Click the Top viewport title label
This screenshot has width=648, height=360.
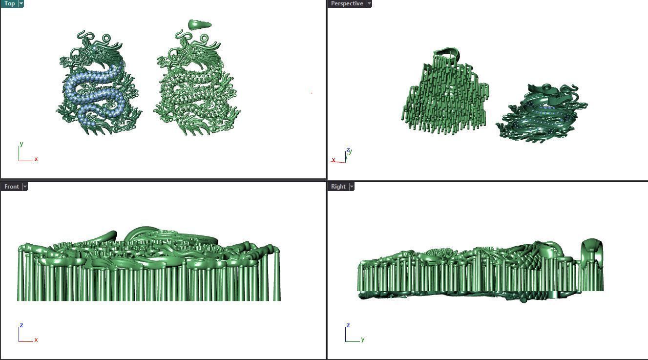tap(9, 3)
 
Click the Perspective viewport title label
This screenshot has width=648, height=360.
tap(347, 3)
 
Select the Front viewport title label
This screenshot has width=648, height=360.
tap(11, 187)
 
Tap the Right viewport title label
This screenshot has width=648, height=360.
tap(338, 187)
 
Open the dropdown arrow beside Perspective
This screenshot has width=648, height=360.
tap(369, 3)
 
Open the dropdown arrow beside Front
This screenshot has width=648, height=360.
tap(25, 187)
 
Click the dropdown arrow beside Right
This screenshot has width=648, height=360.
tap(352, 187)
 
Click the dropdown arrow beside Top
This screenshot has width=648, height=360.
tap(21, 3)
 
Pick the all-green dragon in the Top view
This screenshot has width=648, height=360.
tap(198, 83)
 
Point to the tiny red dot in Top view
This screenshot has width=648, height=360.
tap(312, 92)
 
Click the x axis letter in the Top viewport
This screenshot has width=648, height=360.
tap(36, 159)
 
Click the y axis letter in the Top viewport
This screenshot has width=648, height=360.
tap(21, 144)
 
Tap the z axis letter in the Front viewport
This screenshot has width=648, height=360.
tap(21, 325)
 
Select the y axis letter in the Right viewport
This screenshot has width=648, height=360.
tap(363, 339)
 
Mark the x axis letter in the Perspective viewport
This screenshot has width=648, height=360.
tap(334, 160)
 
